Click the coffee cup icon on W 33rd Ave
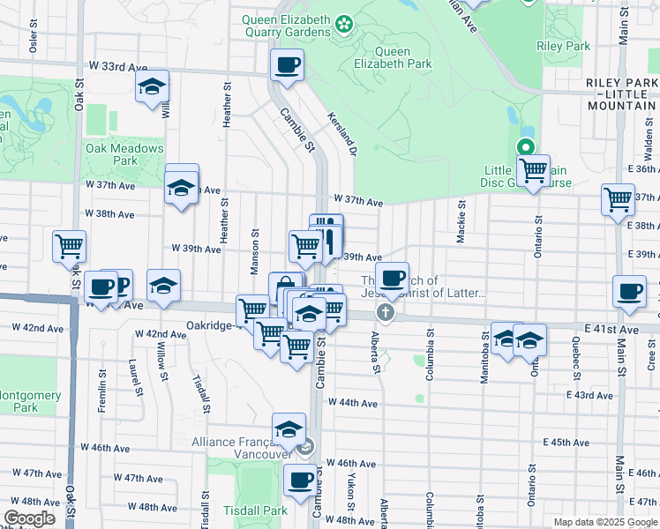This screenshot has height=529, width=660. coord(288,64)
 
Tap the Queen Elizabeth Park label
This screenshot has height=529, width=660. coord(397,57)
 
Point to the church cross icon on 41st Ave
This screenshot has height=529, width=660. coord(386,312)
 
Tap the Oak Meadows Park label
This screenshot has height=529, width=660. coord(124,154)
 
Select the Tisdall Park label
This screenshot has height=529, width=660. coord(255,510)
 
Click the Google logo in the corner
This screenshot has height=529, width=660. coord(30,518)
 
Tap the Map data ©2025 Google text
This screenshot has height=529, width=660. coord(604,522)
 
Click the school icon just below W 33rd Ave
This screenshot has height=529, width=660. coord(153,86)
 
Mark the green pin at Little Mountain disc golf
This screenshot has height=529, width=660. coord(526,148)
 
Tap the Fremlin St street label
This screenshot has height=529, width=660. coord(102,380)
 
